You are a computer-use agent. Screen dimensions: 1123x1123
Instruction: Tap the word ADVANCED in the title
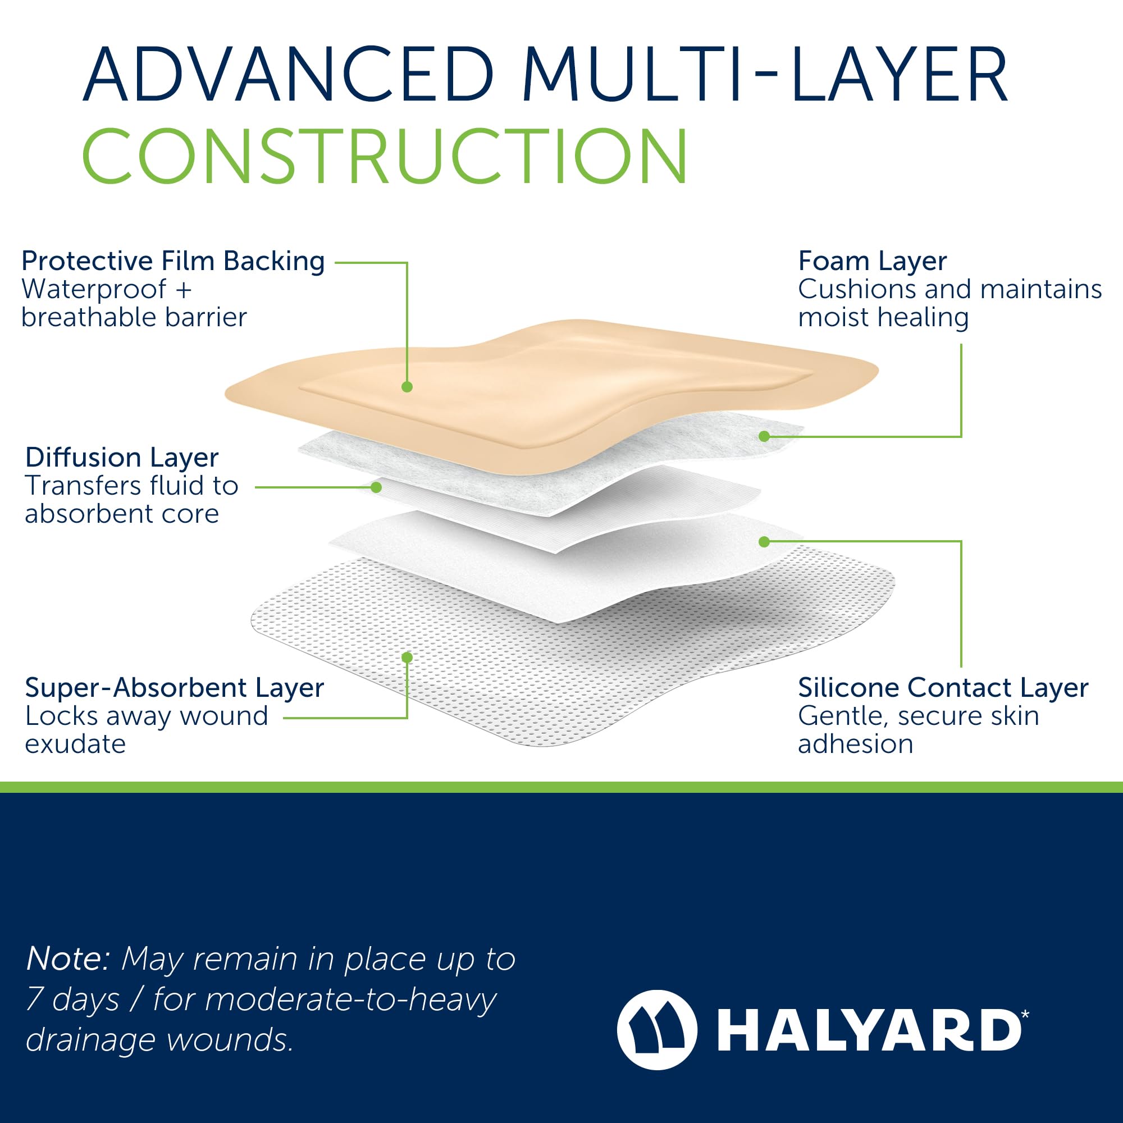pos(288,75)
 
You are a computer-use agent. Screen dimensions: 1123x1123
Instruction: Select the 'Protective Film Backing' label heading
pos(172,261)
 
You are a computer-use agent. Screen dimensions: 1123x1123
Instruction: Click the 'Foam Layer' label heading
pos(872,261)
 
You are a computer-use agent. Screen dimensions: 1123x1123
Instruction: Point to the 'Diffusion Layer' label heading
pos(122,458)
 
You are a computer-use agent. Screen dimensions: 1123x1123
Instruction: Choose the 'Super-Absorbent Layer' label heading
pos(175,688)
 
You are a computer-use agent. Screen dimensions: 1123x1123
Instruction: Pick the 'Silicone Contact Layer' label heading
pos(943,688)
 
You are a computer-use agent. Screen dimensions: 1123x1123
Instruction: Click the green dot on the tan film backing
pos(407,386)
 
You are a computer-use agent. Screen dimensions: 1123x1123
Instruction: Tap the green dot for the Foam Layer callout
pos(764,436)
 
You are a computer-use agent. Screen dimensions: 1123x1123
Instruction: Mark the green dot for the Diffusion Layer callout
pos(376,487)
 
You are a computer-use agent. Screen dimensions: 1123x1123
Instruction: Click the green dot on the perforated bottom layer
pos(407,658)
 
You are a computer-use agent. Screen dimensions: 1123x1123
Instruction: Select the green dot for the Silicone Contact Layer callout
pos(764,542)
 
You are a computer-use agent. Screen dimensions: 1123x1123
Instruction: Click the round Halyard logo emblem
pos(657,1030)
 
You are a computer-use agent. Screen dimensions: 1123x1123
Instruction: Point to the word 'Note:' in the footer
pos(68,958)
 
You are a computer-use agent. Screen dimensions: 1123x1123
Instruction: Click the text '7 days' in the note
pos(72,1000)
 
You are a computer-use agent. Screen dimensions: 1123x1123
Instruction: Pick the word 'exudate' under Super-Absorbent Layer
pos(76,744)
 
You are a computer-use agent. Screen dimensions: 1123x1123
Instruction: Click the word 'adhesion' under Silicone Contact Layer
pos(856,744)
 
